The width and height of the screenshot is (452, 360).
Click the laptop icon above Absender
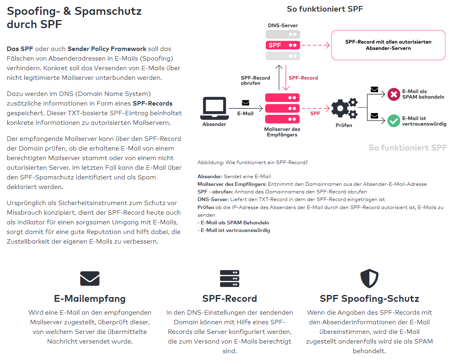[215, 108]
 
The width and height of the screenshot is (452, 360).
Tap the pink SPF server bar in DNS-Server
[283, 45]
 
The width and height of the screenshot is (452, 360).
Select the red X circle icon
[394, 94]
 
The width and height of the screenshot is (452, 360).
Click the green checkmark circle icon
[394, 121]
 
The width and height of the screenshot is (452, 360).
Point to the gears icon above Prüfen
[344, 109]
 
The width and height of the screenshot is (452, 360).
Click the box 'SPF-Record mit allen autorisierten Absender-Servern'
[388, 45]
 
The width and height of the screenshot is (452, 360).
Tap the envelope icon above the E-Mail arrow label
[245, 103]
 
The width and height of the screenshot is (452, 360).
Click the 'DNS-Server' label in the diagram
[283, 25]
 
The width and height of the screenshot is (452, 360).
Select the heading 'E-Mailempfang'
[90, 299]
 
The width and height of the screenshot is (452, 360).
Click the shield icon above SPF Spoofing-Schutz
[369, 279]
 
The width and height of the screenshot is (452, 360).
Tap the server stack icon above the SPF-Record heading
[229, 279]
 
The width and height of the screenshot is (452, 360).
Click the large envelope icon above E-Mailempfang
[90, 279]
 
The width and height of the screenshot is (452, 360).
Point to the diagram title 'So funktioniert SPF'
[325, 9]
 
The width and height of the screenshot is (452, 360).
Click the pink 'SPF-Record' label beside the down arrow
[303, 78]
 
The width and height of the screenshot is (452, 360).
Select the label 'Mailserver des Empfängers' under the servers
[282, 132]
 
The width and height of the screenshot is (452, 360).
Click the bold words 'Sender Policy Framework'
[107, 49]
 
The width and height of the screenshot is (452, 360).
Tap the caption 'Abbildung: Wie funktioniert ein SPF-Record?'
[253, 163]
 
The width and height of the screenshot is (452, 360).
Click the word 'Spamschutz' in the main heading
[108, 11]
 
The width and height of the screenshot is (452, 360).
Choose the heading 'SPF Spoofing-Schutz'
[369, 299]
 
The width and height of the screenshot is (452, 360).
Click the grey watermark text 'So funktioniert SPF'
[408, 148]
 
